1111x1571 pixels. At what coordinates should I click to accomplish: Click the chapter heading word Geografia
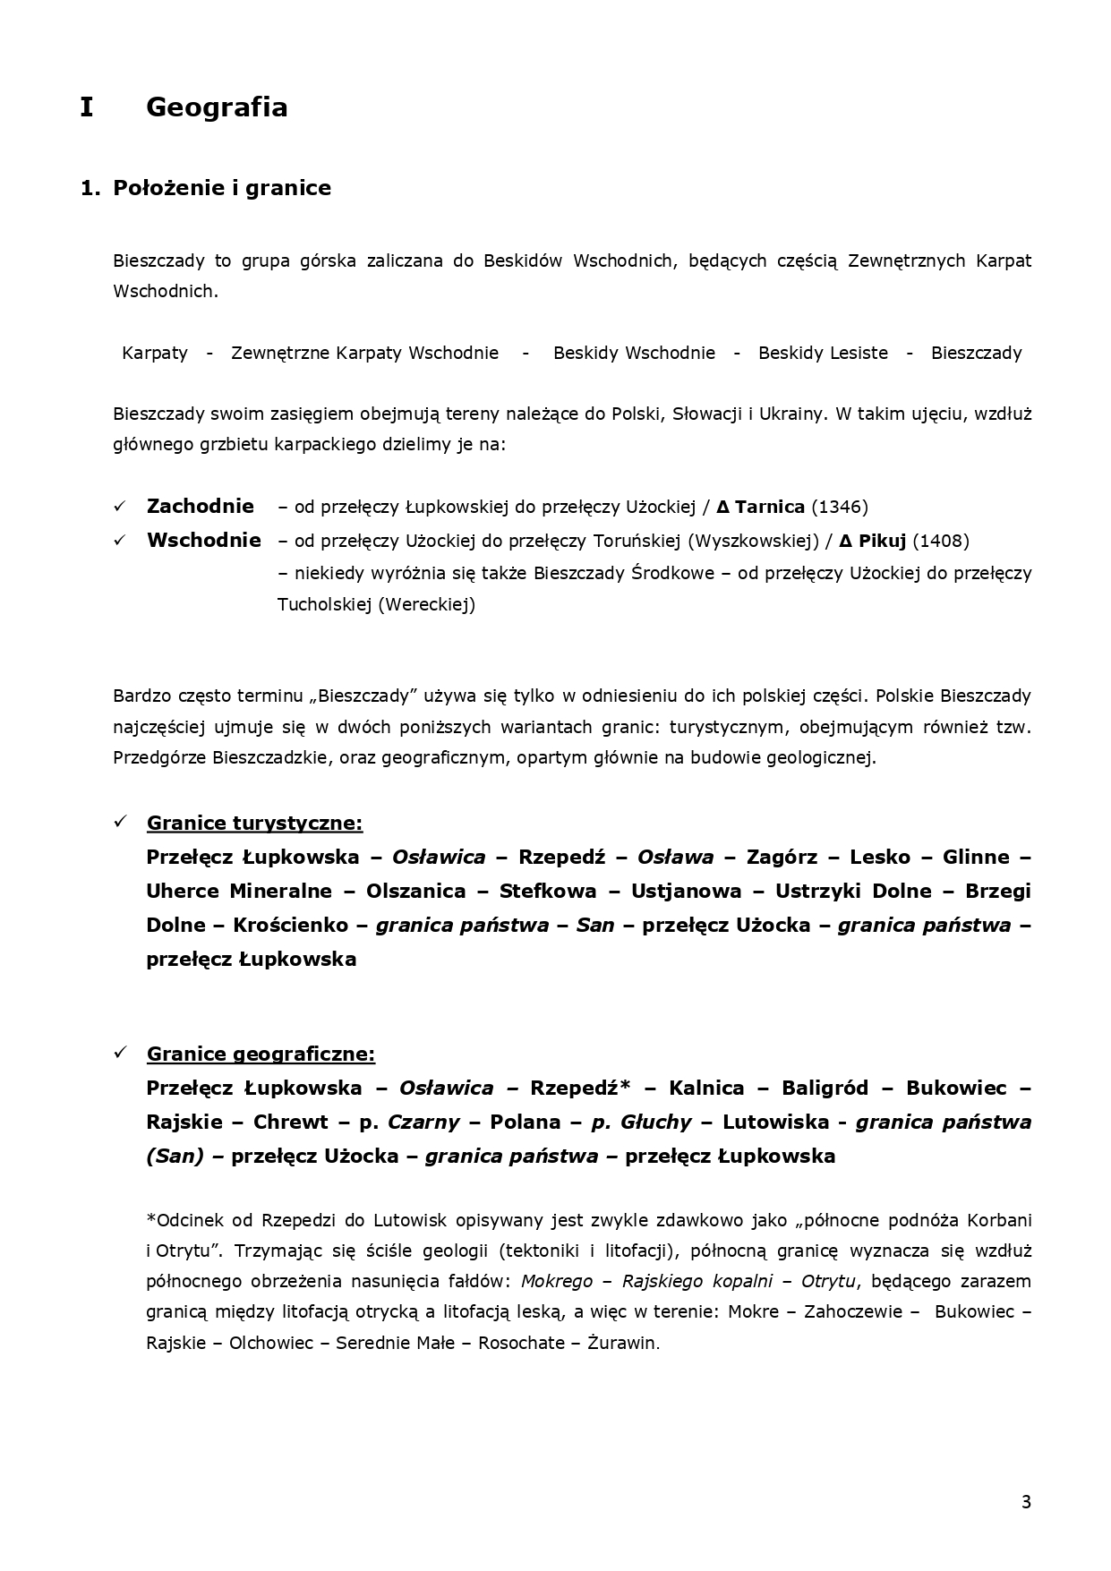(217, 107)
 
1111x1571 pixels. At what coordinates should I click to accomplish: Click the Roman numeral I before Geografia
(86, 107)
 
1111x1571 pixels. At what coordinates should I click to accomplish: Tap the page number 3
(1026, 1502)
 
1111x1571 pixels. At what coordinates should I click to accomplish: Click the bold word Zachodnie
(201, 507)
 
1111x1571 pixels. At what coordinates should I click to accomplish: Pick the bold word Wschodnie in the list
(204, 541)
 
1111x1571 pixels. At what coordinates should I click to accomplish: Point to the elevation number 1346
(840, 508)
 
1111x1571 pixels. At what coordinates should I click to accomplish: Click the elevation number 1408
(941, 541)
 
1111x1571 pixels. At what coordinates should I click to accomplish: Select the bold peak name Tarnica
(769, 508)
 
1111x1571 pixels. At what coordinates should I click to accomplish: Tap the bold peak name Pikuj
(883, 541)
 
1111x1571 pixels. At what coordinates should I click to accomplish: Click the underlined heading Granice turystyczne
(254, 823)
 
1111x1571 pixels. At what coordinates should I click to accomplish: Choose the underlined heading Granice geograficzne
(261, 1054)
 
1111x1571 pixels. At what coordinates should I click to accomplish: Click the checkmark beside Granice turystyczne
(121, 822)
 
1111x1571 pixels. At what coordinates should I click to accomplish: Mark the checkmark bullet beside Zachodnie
(121, 507)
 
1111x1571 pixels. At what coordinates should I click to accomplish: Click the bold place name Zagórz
(782, 857)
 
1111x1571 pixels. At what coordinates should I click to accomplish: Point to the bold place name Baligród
(825, 1088)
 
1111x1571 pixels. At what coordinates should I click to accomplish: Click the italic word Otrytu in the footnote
(829, 1281)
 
